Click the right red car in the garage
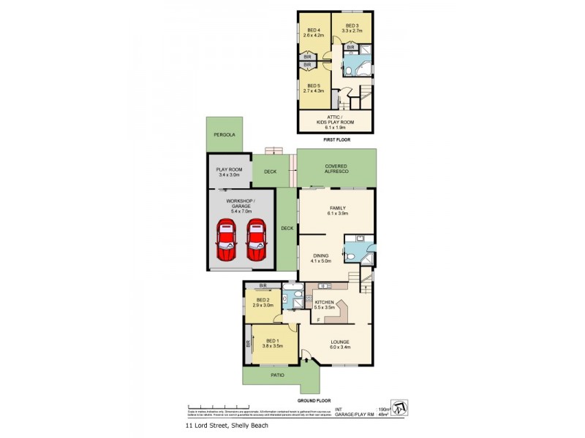pyautogui.click(x=255, y=239)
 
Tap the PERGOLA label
pyautogui.click(x=223, y=135)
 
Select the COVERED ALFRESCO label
pyautogui.click(x=336, y=168)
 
